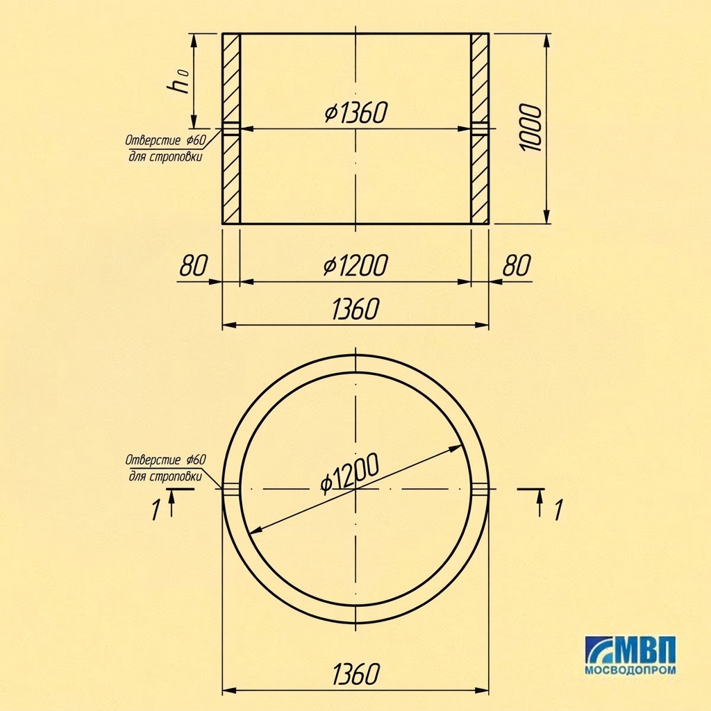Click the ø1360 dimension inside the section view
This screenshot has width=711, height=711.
pos(356,112)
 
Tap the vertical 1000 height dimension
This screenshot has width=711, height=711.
pos(530,128)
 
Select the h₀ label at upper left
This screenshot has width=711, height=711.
pos(178,81)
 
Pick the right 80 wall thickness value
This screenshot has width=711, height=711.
pos(516,265)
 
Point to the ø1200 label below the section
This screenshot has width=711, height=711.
pos(356,265)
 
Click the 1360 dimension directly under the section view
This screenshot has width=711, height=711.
pos(355,309)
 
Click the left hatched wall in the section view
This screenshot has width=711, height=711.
pos(231,128)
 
